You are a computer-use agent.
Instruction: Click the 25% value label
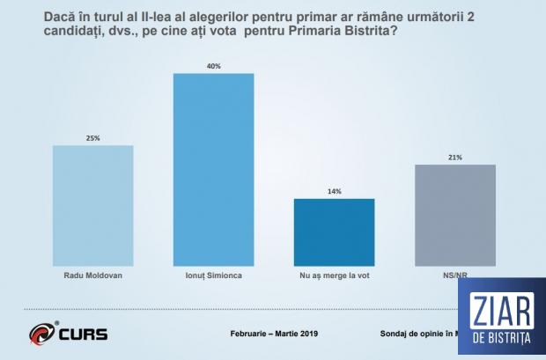pos(93,137)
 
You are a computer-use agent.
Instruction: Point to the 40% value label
pos(213,64)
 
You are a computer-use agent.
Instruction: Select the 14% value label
pos(334,190)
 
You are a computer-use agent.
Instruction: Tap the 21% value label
pos(454,157)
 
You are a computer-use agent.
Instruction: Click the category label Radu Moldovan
pos(93,275)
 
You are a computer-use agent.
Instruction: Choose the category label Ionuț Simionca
pos(213,275)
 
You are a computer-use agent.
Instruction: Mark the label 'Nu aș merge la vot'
pos(334,275)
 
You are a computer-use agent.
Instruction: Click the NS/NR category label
pos(453,275)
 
